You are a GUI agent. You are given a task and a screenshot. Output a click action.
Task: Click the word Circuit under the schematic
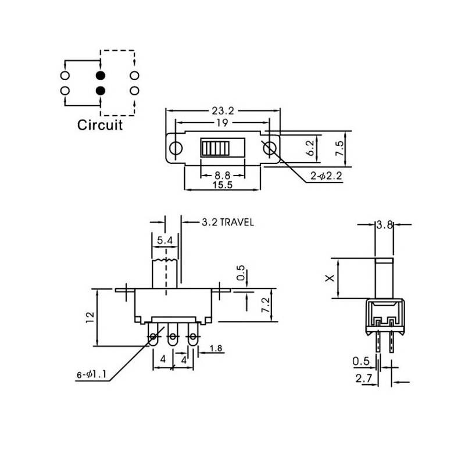100,125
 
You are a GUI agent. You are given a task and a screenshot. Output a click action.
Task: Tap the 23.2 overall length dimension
223,111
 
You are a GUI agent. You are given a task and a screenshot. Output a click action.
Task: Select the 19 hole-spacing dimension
222,123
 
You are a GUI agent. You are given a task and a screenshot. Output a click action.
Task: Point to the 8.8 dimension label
223,175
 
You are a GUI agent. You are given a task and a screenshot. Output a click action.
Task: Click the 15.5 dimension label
223,185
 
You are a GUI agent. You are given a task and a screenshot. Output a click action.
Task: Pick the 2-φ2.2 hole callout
326,176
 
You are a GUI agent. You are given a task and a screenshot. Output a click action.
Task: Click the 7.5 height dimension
339,149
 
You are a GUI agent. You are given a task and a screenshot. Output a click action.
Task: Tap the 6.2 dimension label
310,148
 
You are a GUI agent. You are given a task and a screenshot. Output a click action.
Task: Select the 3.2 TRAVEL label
228,222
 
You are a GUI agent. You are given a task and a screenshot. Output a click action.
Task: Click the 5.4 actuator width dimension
164,240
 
